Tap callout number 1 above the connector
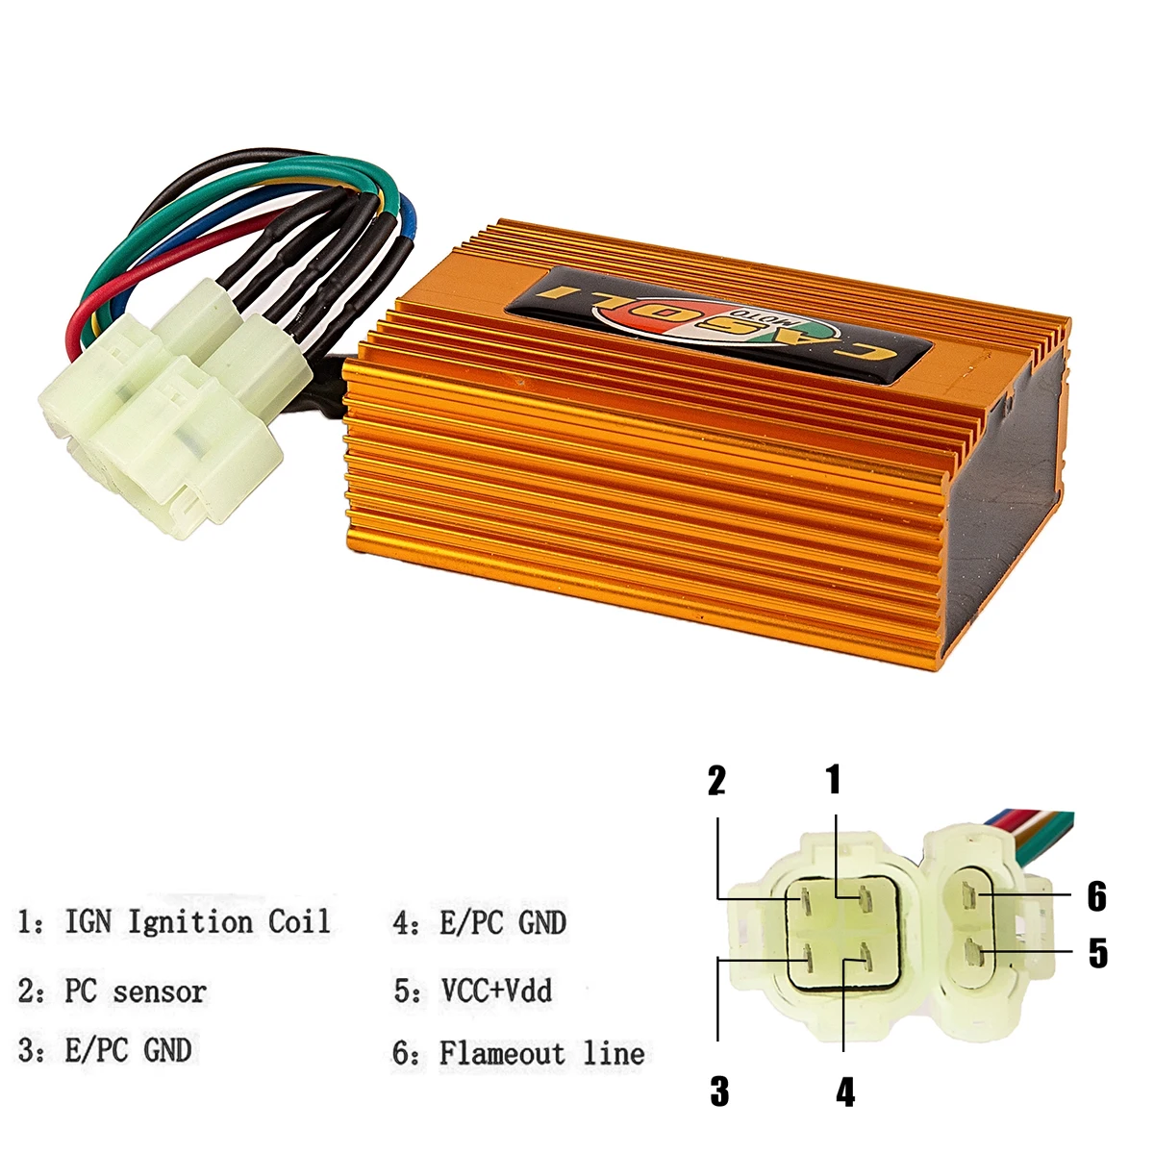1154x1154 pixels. [x=834, y=780]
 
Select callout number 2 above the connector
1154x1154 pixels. [x=716, y=781]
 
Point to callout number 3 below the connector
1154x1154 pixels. [x=719, y=1091]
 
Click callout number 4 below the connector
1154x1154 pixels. [x=845, y=1091]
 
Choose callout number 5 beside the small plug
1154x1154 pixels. [x=1097, y=953]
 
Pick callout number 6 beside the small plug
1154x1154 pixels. [x=1097, y=895]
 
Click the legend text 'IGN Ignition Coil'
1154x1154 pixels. [x=197, y=921]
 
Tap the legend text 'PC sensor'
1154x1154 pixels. [x=136, y=991]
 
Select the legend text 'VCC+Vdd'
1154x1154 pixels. [x=496, y=990]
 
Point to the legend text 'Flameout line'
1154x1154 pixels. [x=542, y=1053]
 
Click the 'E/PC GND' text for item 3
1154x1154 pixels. [x=128, y=1050]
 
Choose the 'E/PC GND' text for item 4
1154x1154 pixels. [x=503, y=923]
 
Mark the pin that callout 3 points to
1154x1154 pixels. [x=808, y=958]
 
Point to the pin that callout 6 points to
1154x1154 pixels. [x=971, y=896]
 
